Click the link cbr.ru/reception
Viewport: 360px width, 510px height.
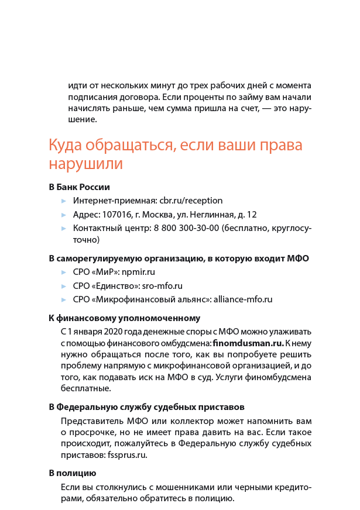tap(191, 201)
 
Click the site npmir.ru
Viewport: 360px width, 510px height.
tap(138, 272)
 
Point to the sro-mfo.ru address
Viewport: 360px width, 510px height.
tap(162, 286)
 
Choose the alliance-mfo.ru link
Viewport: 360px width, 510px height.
tap(243, 299)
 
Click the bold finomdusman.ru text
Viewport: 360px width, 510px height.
tap(248, 343)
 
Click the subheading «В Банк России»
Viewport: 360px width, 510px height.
tap(79, 187)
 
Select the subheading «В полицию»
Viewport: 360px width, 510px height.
tap(72, 473)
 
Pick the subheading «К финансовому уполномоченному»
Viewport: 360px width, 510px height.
tap(124, 318)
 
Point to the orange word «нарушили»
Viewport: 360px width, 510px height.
tap(85, 164)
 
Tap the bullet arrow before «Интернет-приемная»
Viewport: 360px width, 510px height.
tap(64, 201)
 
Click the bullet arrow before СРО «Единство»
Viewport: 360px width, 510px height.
tap(64, 286)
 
